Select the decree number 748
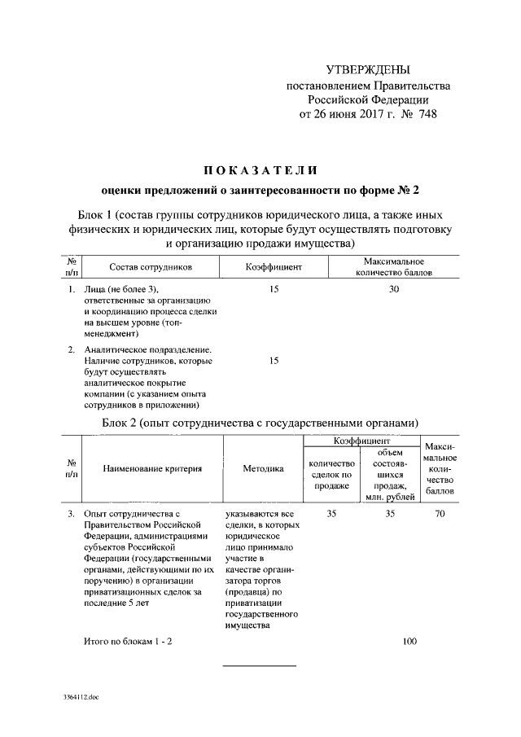[427, 114]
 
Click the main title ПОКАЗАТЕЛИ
[260, 169]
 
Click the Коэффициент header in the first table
[274, 266]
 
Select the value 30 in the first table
[395, 289]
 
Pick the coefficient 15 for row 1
[274, 289]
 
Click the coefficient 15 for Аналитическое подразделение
[274, 361]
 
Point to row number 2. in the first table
[72, 349]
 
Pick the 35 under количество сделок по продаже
[331, 514]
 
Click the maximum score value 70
[440, 514]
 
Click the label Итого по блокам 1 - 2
[128, 642]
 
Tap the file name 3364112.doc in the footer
[81, 698]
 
